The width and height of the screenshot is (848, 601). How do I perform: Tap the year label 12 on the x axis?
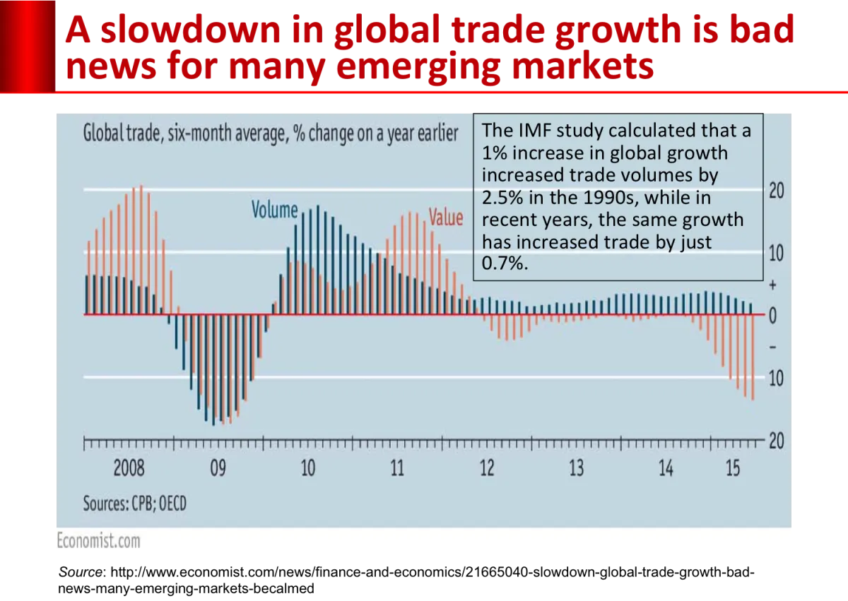pos(487,468)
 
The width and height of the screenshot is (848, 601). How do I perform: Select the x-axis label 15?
pos(733,468)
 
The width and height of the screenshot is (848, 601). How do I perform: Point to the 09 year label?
pos(218,468)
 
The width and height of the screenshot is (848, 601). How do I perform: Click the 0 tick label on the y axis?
pos(772,316)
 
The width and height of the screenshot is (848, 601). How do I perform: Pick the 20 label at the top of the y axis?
pos(776,191)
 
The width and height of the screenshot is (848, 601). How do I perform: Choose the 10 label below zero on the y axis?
pos(776,379)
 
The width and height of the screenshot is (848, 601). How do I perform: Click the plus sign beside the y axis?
pos(772,285)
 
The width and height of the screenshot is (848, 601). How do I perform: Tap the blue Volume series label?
pos(275,210)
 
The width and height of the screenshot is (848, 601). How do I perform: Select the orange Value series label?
pos(446,218)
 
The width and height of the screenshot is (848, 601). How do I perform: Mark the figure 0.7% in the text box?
pos(505,264)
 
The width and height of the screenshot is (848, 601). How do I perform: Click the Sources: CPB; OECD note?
pos(135,504)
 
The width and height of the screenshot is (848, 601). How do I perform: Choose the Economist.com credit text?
pos(98,541)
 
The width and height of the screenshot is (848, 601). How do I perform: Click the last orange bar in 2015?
pos(753,357)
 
